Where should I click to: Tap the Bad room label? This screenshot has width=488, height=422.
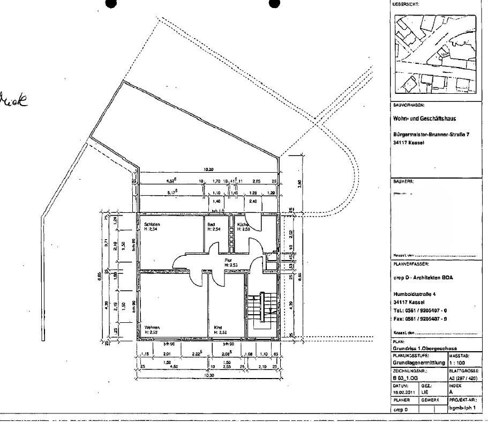[211, 224]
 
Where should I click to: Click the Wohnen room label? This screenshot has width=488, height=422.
[152, 327]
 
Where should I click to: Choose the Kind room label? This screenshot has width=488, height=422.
[217, 327]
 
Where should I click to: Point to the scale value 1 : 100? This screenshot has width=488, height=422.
[458, 362]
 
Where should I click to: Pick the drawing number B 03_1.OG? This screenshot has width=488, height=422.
[405, 377]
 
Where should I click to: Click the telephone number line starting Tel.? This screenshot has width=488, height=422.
[420, 310]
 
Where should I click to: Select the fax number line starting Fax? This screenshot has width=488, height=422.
[420, 319]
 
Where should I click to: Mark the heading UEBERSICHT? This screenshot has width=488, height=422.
[407, 4]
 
